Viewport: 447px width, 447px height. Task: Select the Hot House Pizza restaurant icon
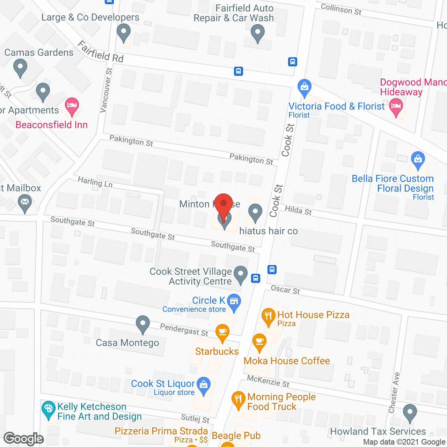tap(268, 316)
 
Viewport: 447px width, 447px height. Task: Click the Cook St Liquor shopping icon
tap(204, 384)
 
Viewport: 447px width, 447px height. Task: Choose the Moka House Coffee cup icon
tap(259, 341)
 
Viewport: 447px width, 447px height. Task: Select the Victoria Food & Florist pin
tap(305, 87)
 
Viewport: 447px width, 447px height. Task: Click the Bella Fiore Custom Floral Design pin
tap(418, 159)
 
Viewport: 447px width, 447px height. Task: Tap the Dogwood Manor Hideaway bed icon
tap(396, 106)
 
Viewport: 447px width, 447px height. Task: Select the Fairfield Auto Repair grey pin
tap(258, 34)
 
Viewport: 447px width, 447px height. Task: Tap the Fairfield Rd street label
tap(101, 52)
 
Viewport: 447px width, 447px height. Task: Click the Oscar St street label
tap(285, 290)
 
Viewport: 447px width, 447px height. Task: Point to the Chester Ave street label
tap(395, 393)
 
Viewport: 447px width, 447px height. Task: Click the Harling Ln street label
tap(95, 182)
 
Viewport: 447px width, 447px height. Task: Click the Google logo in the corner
tap(24, 439)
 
